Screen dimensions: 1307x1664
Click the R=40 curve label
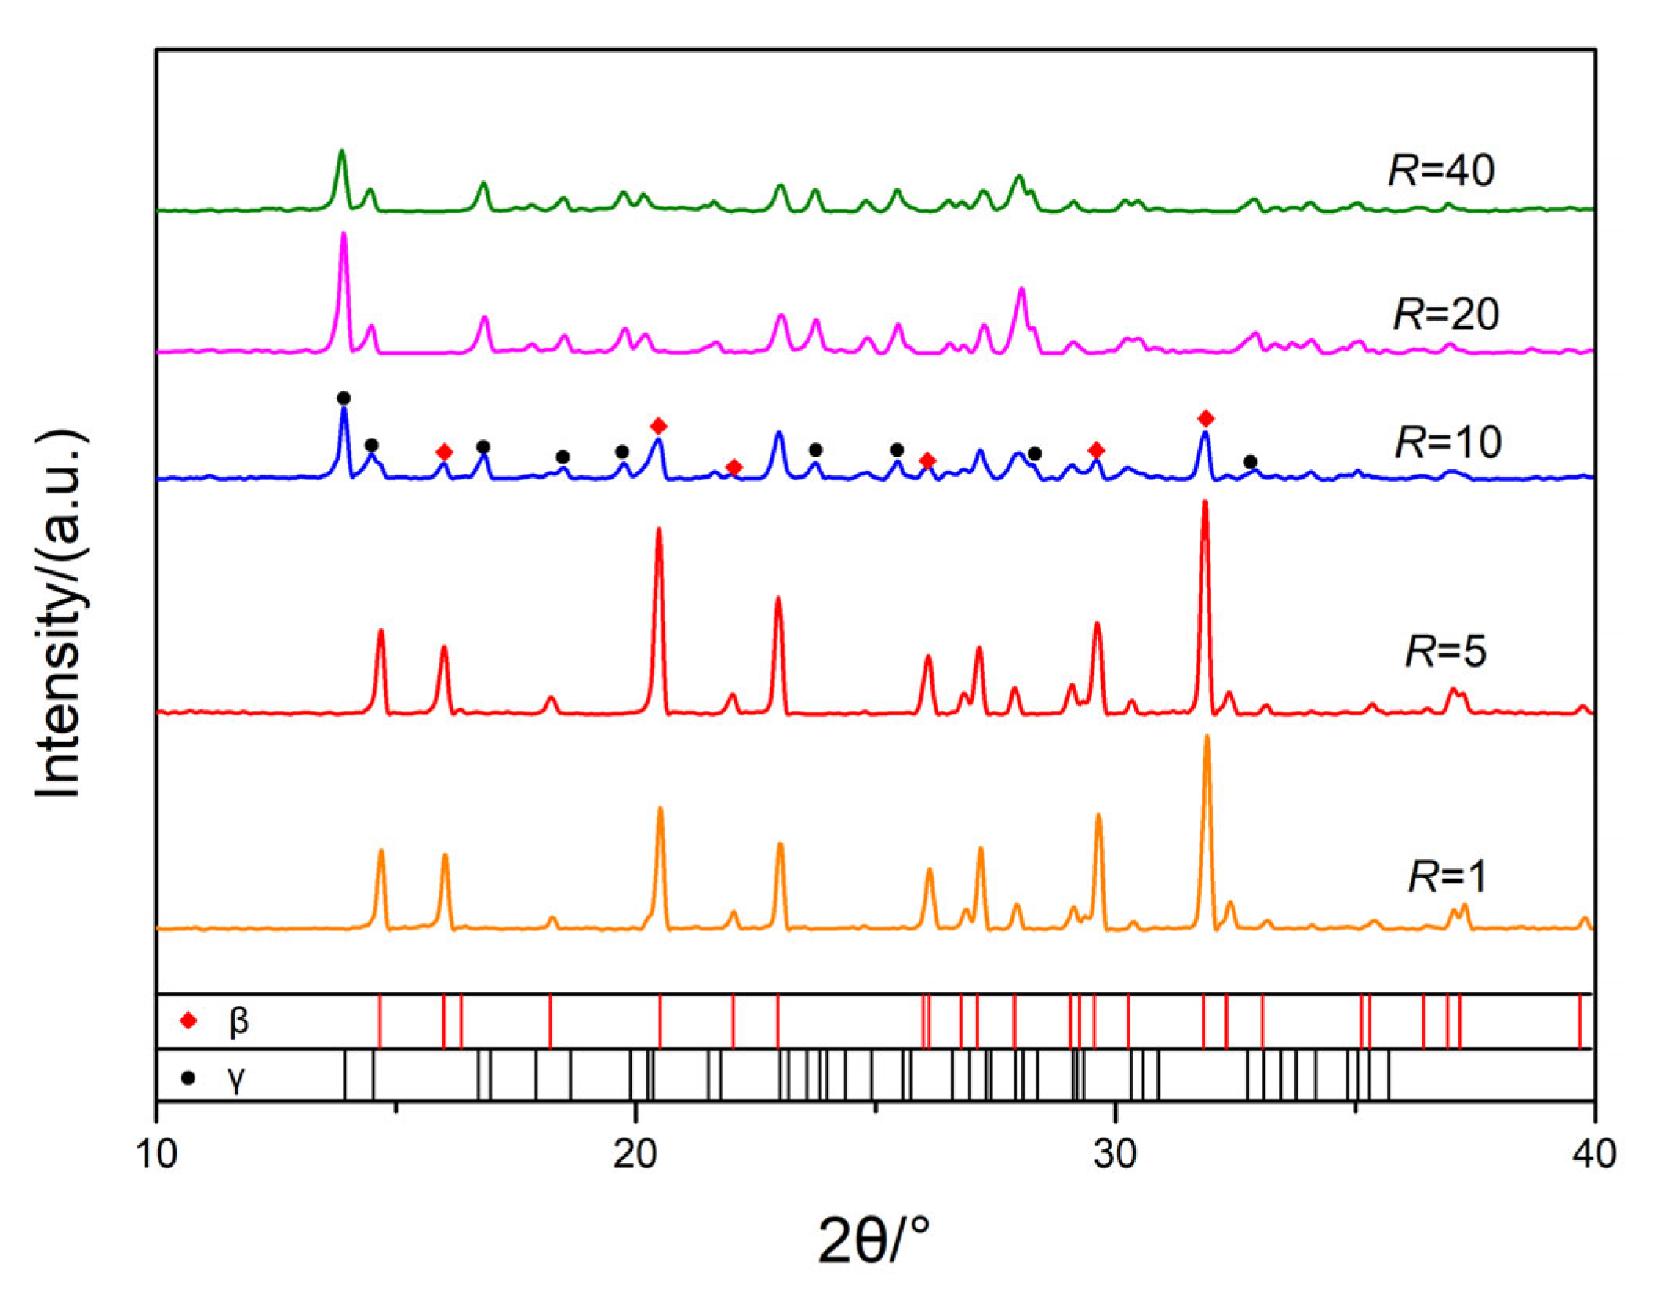point(1441,170)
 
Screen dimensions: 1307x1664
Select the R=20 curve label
point(1446,314)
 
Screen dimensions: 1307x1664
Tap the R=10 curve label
point(1448,442)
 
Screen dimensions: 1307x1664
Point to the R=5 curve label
point(1445,651)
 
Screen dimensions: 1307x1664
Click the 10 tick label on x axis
point(157,1154)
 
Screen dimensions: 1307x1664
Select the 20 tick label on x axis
point(635,1154)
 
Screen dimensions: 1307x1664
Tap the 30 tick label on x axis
point(1115,1154)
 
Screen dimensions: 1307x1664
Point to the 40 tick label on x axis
point(1594,1154)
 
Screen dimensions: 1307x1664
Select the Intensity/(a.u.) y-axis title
point(60,613)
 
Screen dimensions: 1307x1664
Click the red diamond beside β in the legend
point(188,1021)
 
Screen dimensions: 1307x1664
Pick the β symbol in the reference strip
point(238,1021)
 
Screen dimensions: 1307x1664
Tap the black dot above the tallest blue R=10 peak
point(344,399)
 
